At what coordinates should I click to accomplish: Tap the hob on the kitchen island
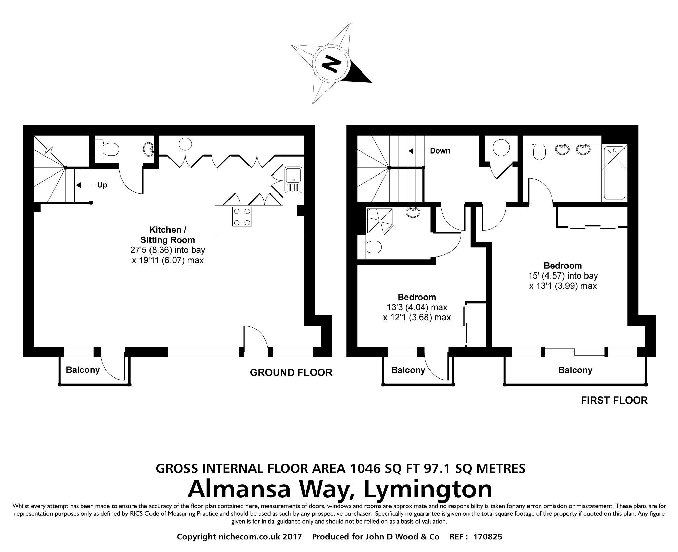pyautogui.click(x=242, y=216)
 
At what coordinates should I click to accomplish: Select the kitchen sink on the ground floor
pyautogui.click(x=294, y=180)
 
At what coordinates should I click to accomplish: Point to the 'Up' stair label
pyautogui.click(x=102, y=185)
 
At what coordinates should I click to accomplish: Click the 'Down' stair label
pyautogui.click(x=440, y=151)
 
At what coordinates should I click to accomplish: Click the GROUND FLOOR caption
pyautogui.click(x=291, y=373)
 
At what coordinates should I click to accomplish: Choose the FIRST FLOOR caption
pyautogui.click(x=614, y=400)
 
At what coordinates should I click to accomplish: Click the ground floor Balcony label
pyautogui.click(x=83, y=370)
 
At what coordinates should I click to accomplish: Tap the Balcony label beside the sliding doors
pyautogui.click(x=575, y=370)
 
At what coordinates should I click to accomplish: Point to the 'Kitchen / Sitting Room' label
pyautogui.click(x=167, y=235)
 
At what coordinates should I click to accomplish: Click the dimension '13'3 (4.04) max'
pyautogui.click(x=417, y=307)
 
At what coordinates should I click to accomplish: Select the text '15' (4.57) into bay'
pyautogui.click(x=563, y=275)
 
